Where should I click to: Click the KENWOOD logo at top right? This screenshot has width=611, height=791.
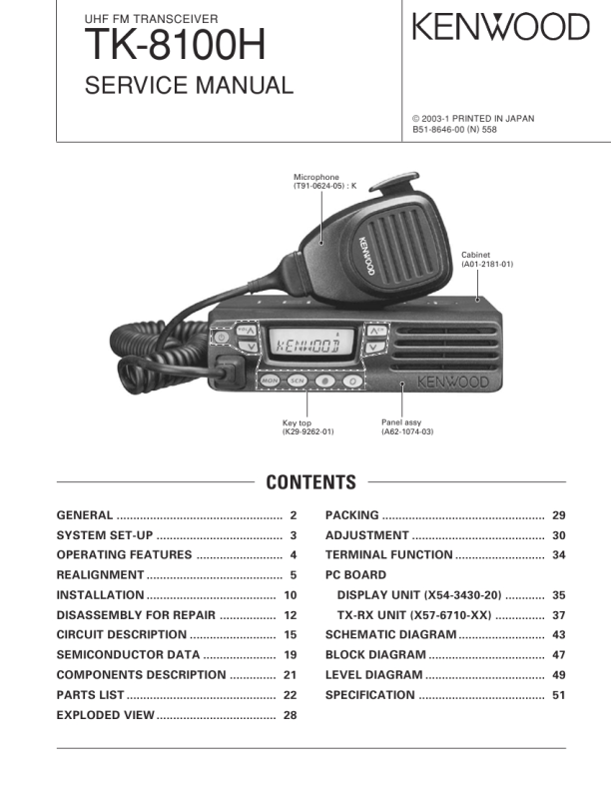coord(500,28)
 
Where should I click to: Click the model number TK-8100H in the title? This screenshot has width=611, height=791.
coord(175,46)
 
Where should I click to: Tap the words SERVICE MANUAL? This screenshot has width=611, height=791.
coord(190,86)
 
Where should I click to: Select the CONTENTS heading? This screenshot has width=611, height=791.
coord(310,483)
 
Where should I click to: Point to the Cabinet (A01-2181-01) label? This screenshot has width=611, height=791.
coord(486,260)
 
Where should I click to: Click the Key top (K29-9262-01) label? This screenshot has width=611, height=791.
coord(307,427)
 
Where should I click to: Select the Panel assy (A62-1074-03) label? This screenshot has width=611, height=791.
coord(407,427)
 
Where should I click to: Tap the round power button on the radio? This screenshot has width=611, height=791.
coord(222,338)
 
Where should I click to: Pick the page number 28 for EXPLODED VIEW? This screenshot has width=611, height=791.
coord(291,715)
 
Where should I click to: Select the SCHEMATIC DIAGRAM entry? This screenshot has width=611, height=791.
coord(390,635)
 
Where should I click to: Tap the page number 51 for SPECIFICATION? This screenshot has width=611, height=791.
coord(559,695)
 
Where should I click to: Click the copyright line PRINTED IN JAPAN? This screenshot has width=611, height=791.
coord(473,118)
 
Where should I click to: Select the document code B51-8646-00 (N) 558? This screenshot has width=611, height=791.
coord(454,130)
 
